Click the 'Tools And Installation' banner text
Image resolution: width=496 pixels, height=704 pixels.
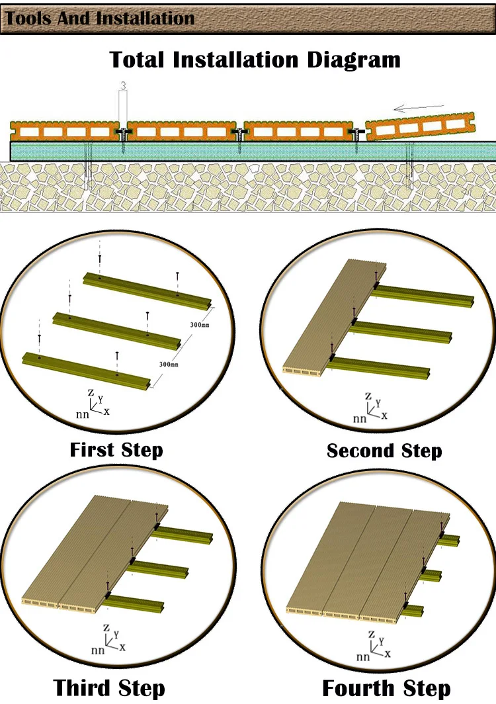click(x=100, y=19)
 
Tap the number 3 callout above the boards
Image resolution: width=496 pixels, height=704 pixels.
click(x=123, y=86)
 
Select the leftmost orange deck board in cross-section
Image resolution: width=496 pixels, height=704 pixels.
click(x=64, y=131)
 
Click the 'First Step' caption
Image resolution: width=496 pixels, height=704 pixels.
click(x=116, y=450)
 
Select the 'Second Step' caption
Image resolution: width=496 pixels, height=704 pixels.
click(x=384, y=451)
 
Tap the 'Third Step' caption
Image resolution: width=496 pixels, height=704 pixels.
click(x=108, y=687)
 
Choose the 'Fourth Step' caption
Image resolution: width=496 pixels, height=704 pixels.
click(x=386, y=687)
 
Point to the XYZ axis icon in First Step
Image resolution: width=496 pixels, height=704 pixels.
click(x=95, y=404)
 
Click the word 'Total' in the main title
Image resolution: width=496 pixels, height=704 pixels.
click(x=138, y=60)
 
